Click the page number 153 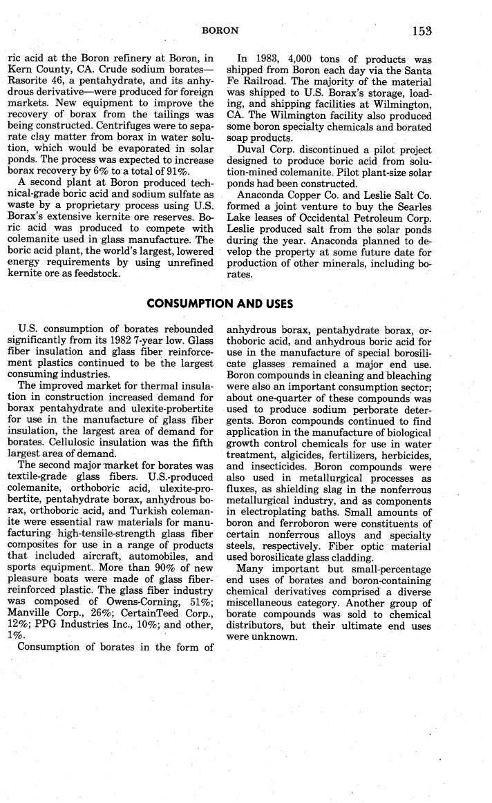pyautogui.click(x=420, y=30)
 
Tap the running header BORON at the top pyautogui.click(x=220, y=31)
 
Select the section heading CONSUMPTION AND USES pyautogui.click(x=220, y=303)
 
